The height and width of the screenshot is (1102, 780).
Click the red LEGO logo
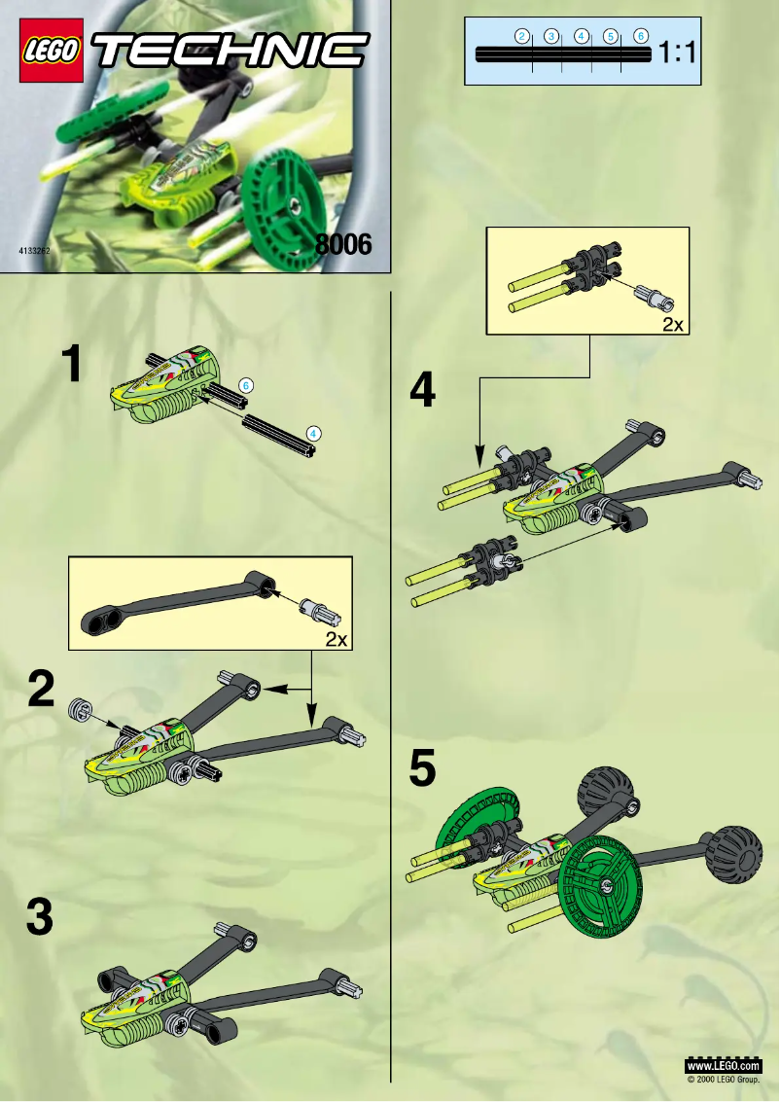pos(51,53)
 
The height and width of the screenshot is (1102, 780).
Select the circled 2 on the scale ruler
pos(522,36)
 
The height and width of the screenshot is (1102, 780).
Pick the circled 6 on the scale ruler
pos(641,36)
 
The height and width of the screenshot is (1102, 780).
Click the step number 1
pos(71,366)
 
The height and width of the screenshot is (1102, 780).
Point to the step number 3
pos(39,917)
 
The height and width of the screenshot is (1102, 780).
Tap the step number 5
pos(421,769)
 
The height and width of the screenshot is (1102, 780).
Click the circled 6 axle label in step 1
pos(246,386)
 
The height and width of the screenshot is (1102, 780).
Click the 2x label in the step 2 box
pos(337,638)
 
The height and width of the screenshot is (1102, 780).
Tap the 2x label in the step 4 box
pos(672,325)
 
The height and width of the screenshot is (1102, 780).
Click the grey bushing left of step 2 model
pos(79,710)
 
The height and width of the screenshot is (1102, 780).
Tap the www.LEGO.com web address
pos(724,1067)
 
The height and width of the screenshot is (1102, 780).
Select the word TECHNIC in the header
pos(230,51)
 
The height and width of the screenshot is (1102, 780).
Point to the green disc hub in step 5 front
pos(605,882)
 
